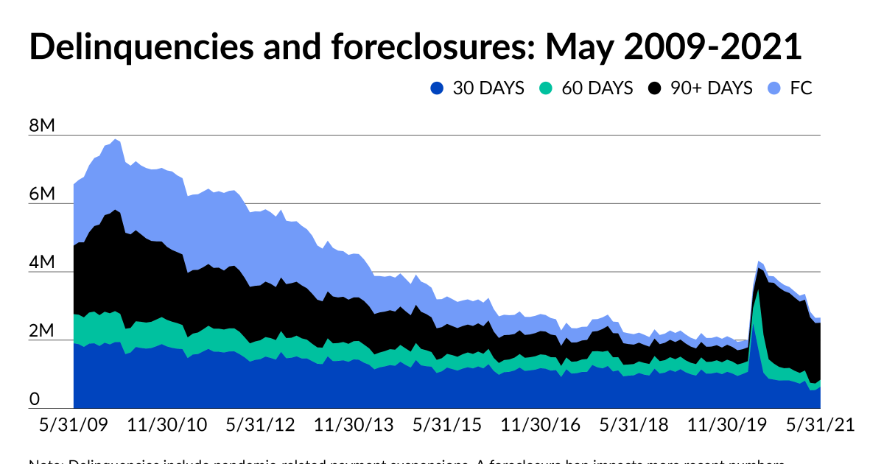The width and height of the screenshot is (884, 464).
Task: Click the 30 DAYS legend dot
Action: (x=438, y=88)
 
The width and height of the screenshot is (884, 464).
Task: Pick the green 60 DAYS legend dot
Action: (x=546, y=88)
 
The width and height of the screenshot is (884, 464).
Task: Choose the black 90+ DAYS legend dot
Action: (x=655, y=88)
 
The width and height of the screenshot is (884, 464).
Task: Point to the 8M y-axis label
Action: (x=42, y=126)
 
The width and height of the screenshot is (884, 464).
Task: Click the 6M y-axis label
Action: (x=42, y=194)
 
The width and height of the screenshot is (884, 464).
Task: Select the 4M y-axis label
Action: (x=42, y=263)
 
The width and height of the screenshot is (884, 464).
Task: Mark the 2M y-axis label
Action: (x=42, y=331)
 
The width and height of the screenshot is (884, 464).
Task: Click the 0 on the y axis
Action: (x=34, y=399)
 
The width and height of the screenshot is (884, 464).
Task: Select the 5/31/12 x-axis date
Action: (x=259, y=426)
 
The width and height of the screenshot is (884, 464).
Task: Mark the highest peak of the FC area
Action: (x=116, y=139)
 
